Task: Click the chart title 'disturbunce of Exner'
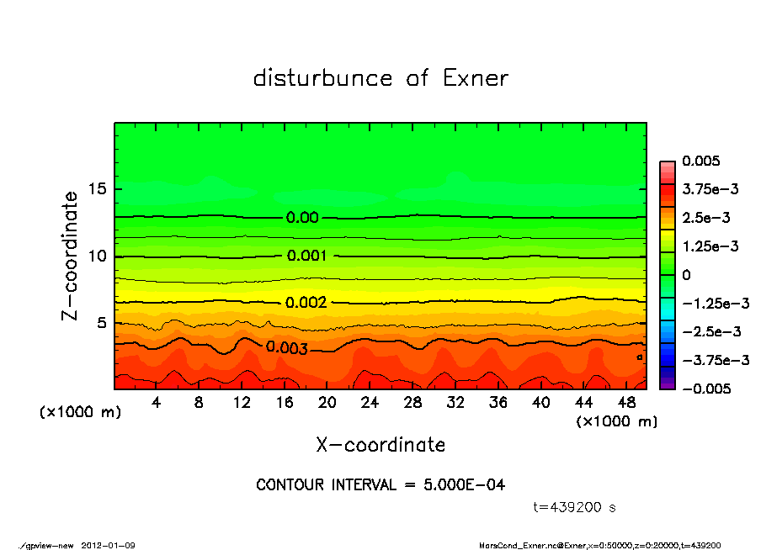380,78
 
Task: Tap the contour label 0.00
302,217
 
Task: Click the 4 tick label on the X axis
157,403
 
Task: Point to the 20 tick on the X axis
327,403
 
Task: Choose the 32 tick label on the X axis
455,403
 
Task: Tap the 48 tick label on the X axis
626,403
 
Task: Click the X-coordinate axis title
380,444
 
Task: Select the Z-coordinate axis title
71,256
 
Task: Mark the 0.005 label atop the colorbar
699,161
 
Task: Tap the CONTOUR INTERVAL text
380,485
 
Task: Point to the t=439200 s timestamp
575,507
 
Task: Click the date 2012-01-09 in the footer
108,545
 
